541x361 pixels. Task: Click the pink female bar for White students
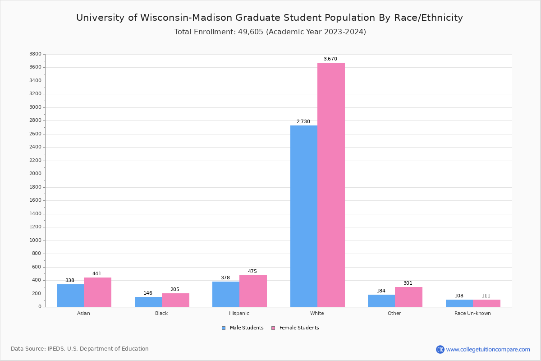pyautogui.click(x=331, y=185)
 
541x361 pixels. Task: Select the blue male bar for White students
pyautogui.click(x=303, y=216)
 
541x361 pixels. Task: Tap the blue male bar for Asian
pyautogui.click(x=70, y=296)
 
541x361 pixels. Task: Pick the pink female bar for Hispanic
pyautogui.click(x=253, y=291)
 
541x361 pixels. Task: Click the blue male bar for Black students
pyautogui.click(x=148, y=302)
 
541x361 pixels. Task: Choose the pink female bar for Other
pyautogui.click(x=408, y=297)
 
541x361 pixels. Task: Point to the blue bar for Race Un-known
pyautogui.click(x=459, y=303)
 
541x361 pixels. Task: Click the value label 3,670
pyautogui.click(x=330, y=59)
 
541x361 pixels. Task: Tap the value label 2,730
pyautogui.click(x=303, y=122)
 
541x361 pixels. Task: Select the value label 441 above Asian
pyautogui.click(x=97, y=274)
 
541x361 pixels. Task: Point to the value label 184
pyautogui.click(x=381, y=291)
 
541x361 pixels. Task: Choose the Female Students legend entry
pyautogui.click(x=295, y=328)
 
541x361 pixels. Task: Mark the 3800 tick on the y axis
pyautogui.click(x=35, y=54)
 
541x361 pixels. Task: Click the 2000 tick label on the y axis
pyautogui.click(x=35, y=174)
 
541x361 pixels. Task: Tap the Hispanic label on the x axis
pyautogui.click(x=239, y=314)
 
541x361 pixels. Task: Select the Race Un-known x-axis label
pyautogui.click(x=472, y=314)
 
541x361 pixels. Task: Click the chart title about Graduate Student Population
pyautogui.click(x=270, y=18)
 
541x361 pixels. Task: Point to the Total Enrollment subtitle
pyautogui.click(x=270, y=32)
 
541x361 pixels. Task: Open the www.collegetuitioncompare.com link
pyautogui.click(x=488, y=349)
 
